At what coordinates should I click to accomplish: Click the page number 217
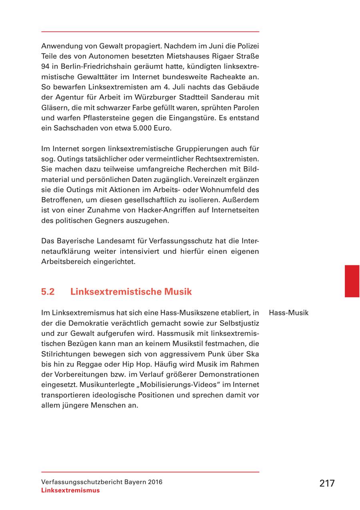(327, 483)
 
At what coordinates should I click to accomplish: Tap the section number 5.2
(48, 292)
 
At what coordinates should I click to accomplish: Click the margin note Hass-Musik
(289, 313)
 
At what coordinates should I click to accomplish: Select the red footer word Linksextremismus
(70, 490)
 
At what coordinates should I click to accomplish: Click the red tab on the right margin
(352, 281)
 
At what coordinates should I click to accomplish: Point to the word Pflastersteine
(102, 118)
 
